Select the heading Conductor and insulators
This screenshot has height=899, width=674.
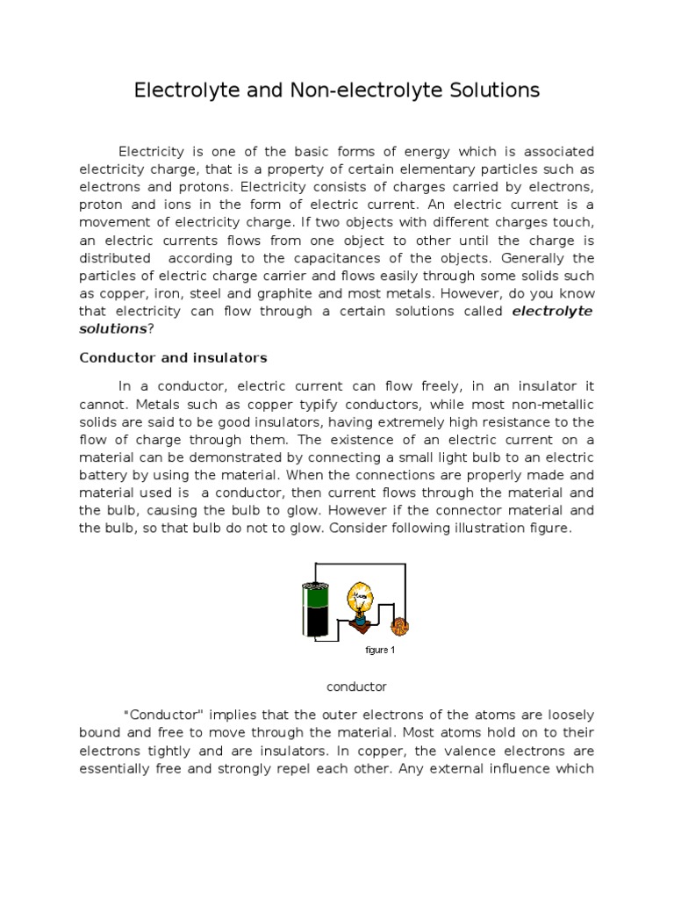pyautogui.click(x=173, y=357)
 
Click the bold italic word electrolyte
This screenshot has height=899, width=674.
pyautogui.click(x=552, y=312)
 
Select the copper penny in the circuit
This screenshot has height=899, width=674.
pyautogui.click(x=399, y=627)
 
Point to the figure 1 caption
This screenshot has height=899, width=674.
pyautogui.click(x=379, y=651)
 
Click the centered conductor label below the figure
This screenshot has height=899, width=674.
pyautogui.click(x=355, y=687)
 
